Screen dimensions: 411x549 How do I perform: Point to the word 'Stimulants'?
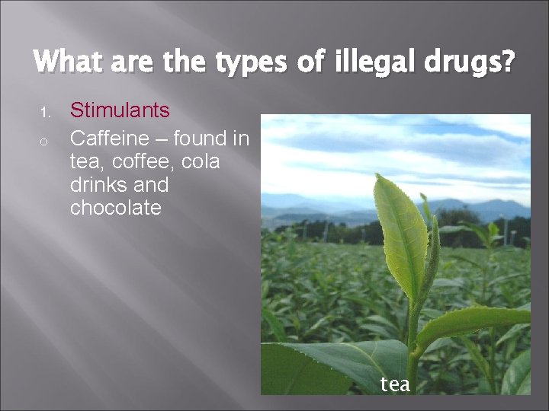point(120,111)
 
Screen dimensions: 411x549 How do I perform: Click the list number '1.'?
point(45,113)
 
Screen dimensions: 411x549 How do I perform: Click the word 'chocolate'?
point(115,208)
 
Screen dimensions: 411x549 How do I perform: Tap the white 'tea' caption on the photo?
point(395,384)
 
